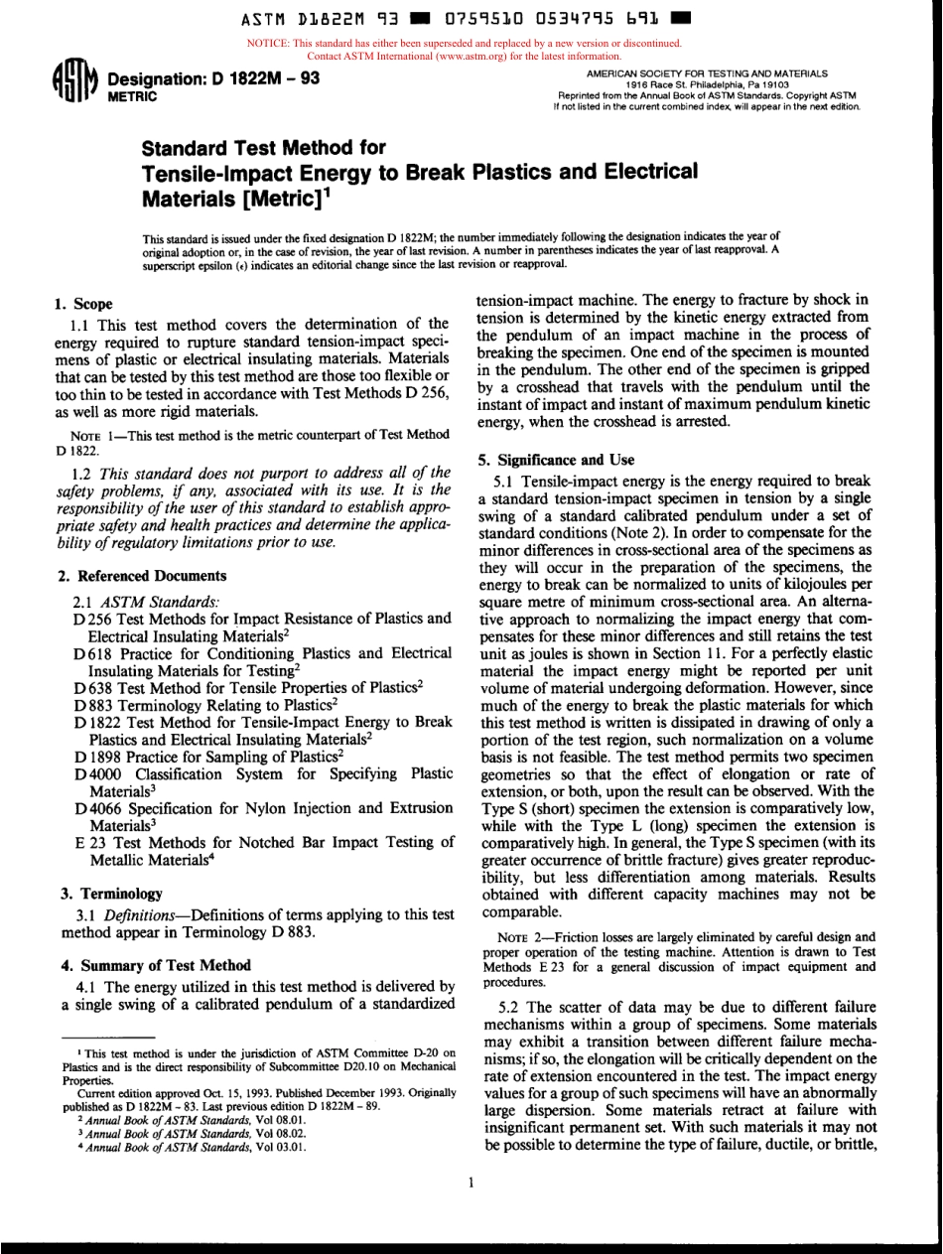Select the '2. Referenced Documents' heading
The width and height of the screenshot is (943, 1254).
click(x=138, y=575)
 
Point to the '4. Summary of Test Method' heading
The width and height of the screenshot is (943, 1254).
click(x=151, y=964)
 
